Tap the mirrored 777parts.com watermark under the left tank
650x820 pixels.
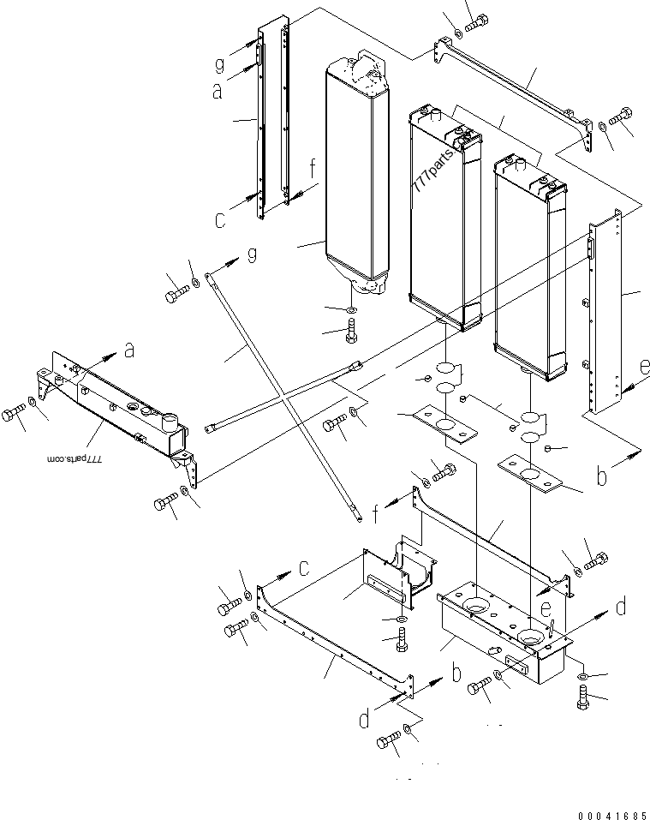(75, 459)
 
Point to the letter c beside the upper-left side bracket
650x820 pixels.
(220, 219)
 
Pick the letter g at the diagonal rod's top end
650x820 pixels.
(251, 255)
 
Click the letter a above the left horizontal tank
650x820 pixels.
(129, 350)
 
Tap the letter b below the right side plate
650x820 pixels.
(602, 476)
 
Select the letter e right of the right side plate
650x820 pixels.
(645, 369)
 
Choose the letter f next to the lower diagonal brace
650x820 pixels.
(376, 514)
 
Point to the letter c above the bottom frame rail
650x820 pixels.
(302, 566)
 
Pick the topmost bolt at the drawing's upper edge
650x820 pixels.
(475, 21)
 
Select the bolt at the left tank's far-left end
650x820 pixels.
(13, 416)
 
